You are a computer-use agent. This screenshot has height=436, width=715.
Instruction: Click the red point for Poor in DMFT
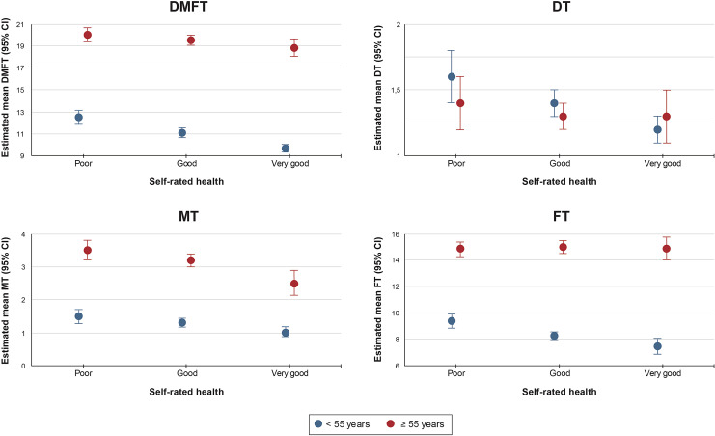(88, 35)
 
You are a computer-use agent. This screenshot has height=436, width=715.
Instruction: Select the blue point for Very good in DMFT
(286, 149)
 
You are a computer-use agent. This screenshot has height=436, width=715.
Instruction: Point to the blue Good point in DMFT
(181, 133)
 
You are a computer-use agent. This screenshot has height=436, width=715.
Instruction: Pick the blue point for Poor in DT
(451, 76)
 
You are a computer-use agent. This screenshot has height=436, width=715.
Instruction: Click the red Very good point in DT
(665, 117)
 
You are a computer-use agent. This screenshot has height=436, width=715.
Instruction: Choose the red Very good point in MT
(294, 284)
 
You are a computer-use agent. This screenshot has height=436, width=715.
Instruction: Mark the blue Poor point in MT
(79, 316)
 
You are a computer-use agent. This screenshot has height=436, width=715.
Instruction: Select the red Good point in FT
(563, 247)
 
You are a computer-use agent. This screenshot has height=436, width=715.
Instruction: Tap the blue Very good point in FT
(657, 346)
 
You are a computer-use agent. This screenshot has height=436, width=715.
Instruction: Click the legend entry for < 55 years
(340, 422)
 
